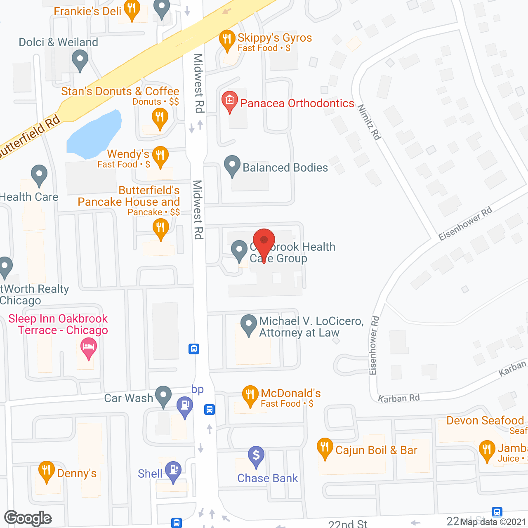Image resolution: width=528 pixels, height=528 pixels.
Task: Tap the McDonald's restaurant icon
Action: tap(250, 395)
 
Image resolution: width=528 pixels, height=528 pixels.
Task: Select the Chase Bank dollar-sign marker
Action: tap(256, 456)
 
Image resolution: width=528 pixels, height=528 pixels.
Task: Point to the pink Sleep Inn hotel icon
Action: tap(89, 347)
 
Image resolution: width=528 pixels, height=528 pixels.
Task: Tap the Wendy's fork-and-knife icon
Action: tap(160, 156)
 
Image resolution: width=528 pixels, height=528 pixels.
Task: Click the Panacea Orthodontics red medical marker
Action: tap(230, 101)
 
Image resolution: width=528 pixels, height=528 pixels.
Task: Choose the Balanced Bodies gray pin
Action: tap(232, 165)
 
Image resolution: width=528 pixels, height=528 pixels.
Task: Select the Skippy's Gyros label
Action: tap(275, 38)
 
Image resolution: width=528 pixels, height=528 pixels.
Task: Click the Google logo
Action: tap(28, 518)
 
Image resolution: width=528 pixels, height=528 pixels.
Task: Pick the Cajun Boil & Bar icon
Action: tap(325, 447)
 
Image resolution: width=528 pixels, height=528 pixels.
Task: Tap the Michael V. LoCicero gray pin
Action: tap(248, 324)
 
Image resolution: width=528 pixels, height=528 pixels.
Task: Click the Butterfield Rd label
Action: tap(29, 137)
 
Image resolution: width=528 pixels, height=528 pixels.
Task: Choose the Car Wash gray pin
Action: tap(163, 395)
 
